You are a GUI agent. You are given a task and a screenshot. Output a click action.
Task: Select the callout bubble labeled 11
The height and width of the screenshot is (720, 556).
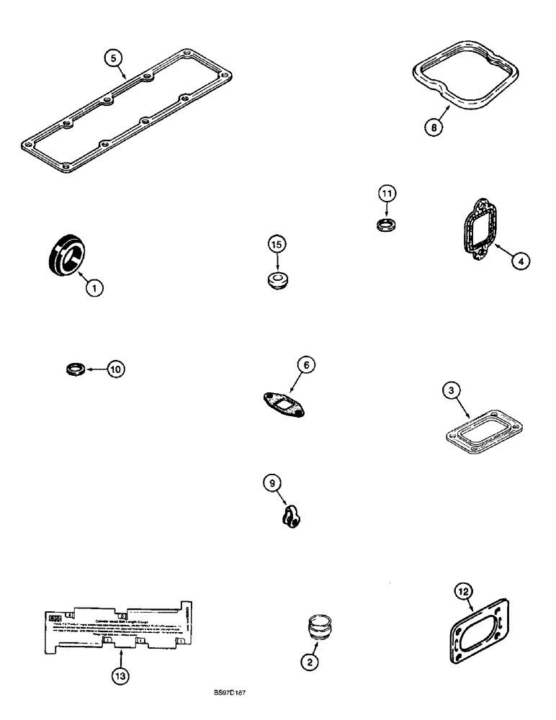388,194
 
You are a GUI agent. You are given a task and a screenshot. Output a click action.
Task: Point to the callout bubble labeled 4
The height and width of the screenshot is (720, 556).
520,261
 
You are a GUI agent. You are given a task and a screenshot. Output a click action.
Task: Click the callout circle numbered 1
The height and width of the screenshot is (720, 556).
94,288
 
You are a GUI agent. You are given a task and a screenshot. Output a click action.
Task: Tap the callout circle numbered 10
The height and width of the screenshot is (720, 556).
116,369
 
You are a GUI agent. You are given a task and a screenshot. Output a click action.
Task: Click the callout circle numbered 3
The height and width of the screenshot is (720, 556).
450,391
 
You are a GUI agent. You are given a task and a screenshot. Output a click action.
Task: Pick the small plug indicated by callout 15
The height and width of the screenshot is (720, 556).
278,279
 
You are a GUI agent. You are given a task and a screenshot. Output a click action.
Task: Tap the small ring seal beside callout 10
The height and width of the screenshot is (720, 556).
73,369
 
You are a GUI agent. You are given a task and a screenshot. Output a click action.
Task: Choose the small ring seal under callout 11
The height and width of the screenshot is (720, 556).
387,225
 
